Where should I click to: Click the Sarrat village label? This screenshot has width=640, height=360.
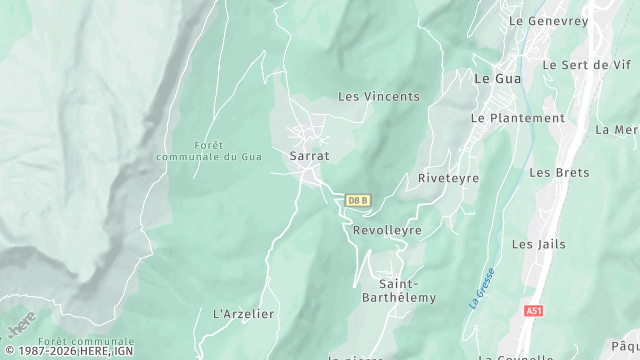pyautogui.click(x=309, y=157)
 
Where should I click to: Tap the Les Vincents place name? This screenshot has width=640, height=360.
pyautogui.click(x=379, y=97)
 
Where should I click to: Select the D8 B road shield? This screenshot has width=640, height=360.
pyautogui.click(x=358, y=200)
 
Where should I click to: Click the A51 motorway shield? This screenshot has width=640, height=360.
pyautogui.click(x=534, y=311)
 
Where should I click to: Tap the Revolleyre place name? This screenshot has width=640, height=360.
pyautogui.click(x=387, y=230)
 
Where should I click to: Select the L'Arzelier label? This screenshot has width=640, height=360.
pyautogui.click(x=244, y=314)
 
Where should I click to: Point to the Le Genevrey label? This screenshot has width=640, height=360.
pyautogui.click(x=545, y=20)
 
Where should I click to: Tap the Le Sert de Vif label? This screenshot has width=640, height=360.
pyautogui.click(x=587, y=65)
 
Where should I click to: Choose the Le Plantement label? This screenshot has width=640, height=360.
pyautogui.click(x=518, y=118)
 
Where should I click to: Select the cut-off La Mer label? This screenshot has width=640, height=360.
pyautogui.click(x=617, y=130)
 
